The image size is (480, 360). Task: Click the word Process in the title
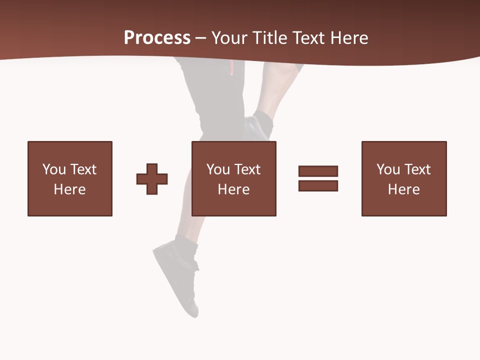157,38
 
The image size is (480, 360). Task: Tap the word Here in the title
348,38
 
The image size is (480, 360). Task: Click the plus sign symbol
152,179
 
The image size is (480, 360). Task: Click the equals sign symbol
318,178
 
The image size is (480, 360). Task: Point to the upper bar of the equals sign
318,171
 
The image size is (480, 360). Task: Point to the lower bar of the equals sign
318,185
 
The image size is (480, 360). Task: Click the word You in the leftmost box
54,169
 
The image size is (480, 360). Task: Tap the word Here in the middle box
233,189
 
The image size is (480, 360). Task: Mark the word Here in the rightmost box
403,189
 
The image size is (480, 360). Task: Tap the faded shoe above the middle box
258,127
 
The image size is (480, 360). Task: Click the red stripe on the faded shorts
231,67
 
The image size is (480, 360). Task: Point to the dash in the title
201,38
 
